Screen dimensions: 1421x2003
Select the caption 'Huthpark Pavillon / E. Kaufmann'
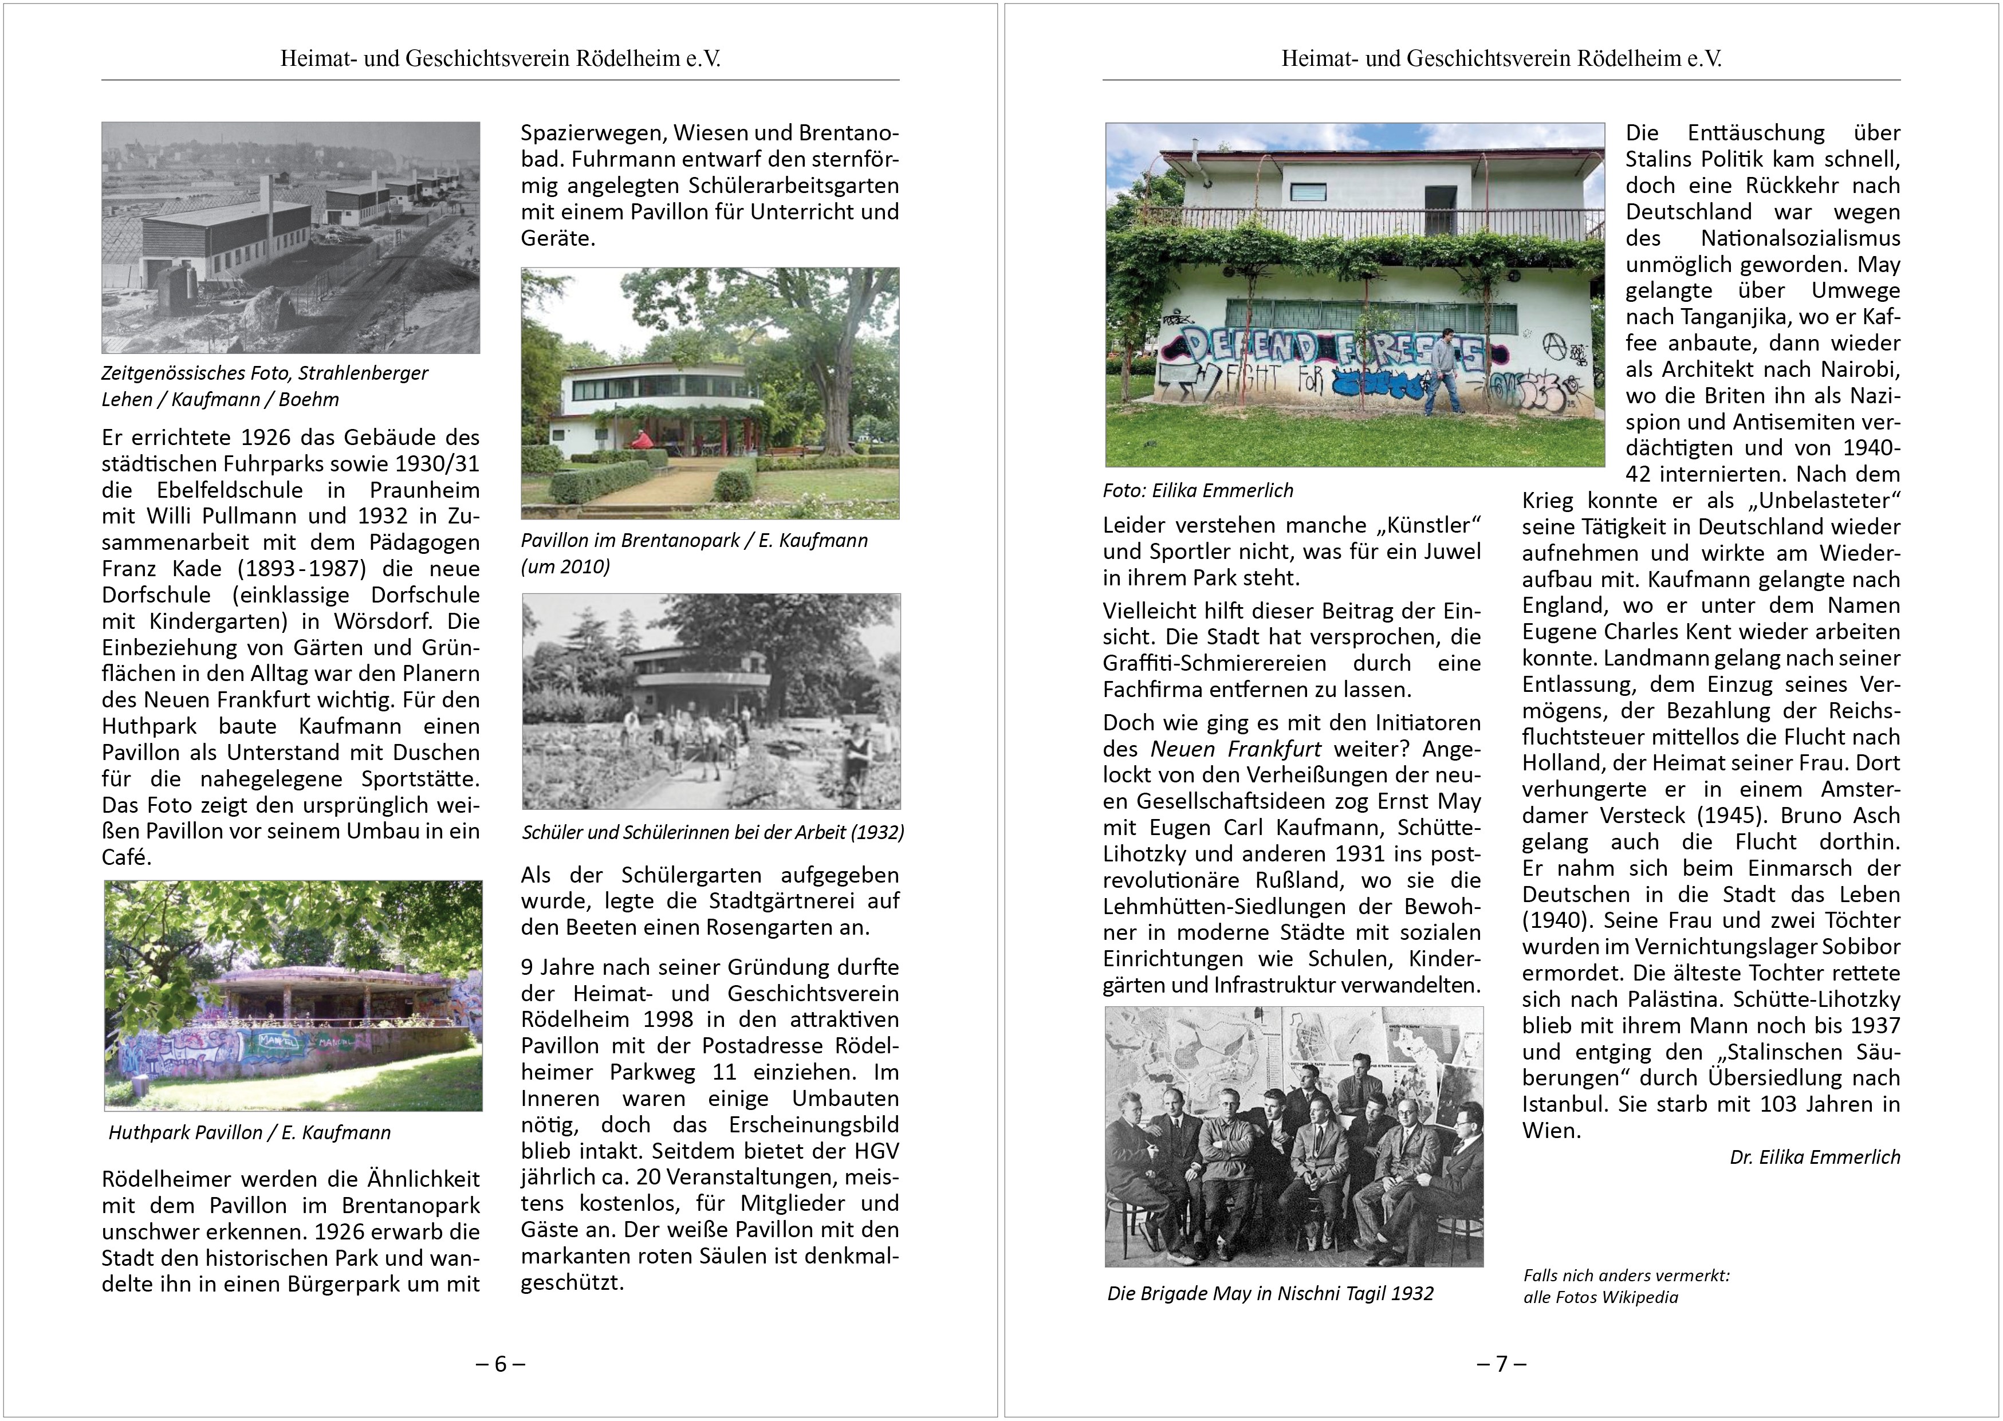coord(249,1133)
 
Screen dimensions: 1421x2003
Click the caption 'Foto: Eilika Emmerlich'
coord(1198,491)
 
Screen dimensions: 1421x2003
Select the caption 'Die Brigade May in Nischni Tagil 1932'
coord(1270,1294)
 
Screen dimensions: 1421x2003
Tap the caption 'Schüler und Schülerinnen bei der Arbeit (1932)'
coord(713,832)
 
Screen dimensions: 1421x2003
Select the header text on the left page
coord(499,58)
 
